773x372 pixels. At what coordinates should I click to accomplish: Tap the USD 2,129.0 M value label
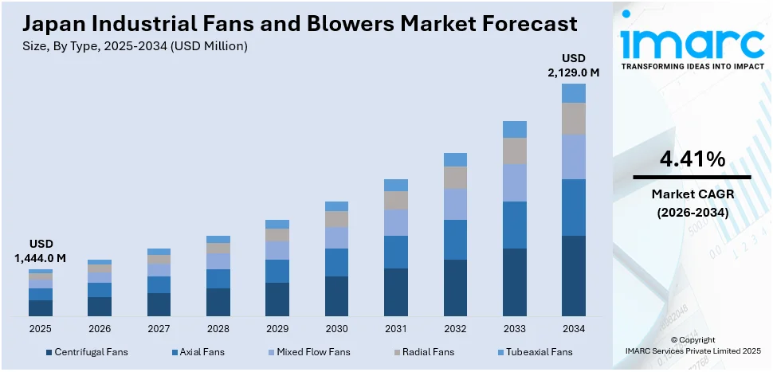point(573,65)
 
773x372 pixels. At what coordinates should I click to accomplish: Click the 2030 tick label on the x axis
point(336,328)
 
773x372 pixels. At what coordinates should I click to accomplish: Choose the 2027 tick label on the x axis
point(159,328)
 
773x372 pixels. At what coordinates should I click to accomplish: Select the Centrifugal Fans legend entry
point(87,352)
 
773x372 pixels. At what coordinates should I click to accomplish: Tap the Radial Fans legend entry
point(426,352)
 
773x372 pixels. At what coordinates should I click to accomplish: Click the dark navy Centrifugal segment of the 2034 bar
point(573,276)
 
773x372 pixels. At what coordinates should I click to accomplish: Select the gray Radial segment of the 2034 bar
point(573,119)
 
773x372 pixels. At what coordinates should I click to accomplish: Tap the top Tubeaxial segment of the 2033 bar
point(514,129)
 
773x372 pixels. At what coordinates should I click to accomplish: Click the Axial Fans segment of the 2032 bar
point(455,240)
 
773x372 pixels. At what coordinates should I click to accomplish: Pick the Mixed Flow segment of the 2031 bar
point(395,222)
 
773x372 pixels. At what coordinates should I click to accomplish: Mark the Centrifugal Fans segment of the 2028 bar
point(218,302)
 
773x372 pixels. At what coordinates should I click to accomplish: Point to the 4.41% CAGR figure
point(691,159)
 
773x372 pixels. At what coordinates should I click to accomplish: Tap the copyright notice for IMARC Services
point(693,345)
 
